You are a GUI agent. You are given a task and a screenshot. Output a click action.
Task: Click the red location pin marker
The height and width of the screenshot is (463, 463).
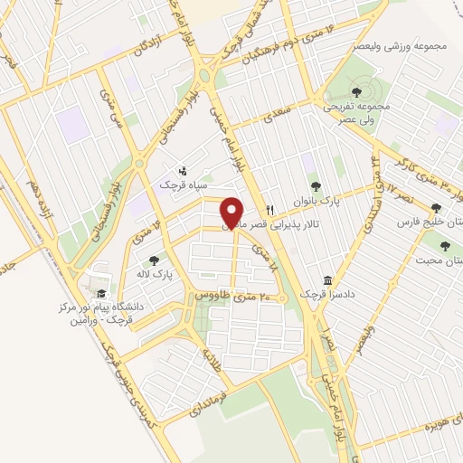232,212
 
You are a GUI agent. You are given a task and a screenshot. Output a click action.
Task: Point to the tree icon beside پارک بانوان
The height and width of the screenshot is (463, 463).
316,187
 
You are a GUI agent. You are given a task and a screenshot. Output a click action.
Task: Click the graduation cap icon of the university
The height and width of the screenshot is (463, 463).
100,294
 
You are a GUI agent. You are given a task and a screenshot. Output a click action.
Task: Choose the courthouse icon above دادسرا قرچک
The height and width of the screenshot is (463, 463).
327,280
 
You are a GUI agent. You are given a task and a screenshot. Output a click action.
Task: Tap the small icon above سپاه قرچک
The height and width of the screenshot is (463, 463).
184,170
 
